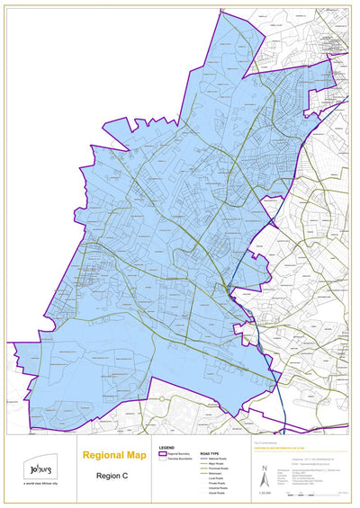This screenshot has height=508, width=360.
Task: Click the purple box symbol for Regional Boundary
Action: click(x=163, y=453)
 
